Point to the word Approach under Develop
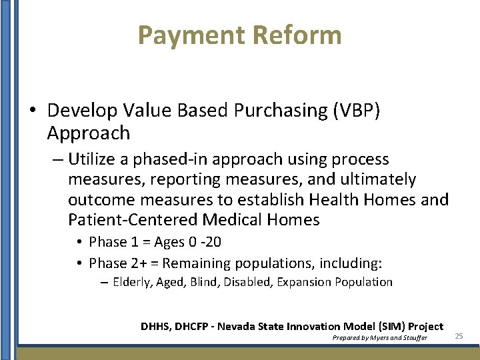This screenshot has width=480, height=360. click(89, 133)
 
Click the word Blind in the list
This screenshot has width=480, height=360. click(205, 282)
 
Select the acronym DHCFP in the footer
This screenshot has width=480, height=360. click(194, 326)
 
